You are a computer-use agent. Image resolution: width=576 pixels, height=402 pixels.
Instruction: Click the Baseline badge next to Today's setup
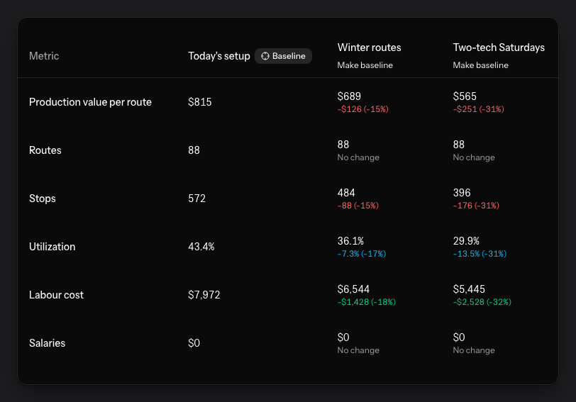283,56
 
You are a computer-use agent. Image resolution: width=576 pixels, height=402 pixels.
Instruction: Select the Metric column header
44,56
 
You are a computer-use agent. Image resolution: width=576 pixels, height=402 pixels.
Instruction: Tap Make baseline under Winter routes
365,65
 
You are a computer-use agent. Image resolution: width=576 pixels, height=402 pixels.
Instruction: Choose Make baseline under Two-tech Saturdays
480,65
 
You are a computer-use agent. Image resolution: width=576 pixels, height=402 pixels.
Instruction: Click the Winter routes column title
369,48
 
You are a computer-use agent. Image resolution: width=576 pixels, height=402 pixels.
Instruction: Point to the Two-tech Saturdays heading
499,48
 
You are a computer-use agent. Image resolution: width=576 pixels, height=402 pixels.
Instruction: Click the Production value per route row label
90,102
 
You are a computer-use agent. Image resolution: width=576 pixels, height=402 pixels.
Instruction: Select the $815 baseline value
200,102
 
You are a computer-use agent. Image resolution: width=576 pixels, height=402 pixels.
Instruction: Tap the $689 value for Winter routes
349,96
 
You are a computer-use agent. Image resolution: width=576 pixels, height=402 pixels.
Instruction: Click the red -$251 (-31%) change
478,109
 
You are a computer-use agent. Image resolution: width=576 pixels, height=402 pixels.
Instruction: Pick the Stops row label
43,199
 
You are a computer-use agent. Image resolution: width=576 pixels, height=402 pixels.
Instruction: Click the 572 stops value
197,199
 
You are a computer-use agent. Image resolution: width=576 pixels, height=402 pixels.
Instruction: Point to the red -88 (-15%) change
358,206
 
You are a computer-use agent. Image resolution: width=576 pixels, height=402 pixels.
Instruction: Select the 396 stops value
462,193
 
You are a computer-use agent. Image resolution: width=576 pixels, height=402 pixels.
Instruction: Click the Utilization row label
52,247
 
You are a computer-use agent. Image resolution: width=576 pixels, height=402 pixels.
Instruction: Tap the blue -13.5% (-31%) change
480,254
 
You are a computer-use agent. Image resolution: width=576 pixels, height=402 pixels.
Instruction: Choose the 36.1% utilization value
350,241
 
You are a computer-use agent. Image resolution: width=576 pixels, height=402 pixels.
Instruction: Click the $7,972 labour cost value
204,295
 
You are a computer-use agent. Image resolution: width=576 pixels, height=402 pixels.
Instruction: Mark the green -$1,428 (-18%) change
367,302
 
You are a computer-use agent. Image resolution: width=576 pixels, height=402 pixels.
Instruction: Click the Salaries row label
47,343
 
